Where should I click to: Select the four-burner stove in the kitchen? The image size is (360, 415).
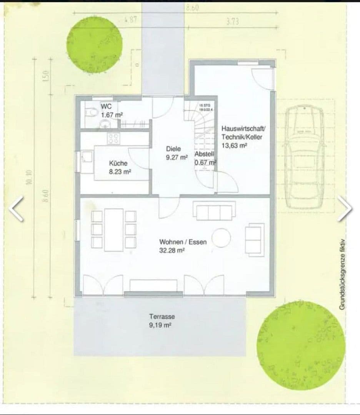tap(113, 138)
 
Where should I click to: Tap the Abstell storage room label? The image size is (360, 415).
tap(205, 158)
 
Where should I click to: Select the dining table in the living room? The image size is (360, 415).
tap(114, 230)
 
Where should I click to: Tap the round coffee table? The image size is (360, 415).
tap(221, 237)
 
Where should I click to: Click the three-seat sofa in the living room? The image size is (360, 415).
tap(214, 212)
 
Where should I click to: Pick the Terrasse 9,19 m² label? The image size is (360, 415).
tap(162, 320)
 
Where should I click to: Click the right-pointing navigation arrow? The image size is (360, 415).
tap(344, 208)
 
